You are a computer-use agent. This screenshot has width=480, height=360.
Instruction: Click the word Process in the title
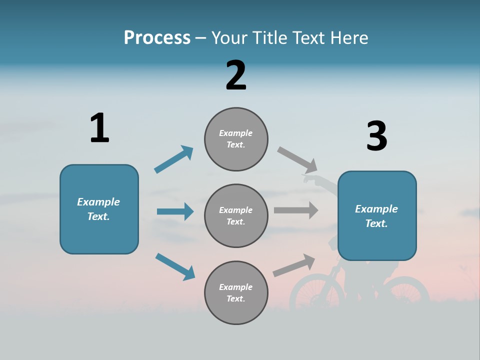coord(157,37)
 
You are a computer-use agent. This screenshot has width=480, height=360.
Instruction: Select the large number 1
coord(99,128)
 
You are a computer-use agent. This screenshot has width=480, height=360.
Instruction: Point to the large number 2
coord(236,75)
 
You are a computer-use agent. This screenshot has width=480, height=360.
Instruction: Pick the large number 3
coord(376,136)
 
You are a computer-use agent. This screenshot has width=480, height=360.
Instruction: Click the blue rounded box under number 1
coord(99,209)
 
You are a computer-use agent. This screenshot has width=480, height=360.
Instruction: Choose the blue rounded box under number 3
coord(377,216)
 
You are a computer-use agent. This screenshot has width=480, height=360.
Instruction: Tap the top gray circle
coord(236,139)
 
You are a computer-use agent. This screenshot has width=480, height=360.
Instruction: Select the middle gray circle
coord(236,215)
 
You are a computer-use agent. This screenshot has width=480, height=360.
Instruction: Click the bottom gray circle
coord(236,292)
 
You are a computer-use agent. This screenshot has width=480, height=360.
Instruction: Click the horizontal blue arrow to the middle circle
coord(175,211)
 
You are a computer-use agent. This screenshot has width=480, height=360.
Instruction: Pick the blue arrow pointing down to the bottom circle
coord(175,266)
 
